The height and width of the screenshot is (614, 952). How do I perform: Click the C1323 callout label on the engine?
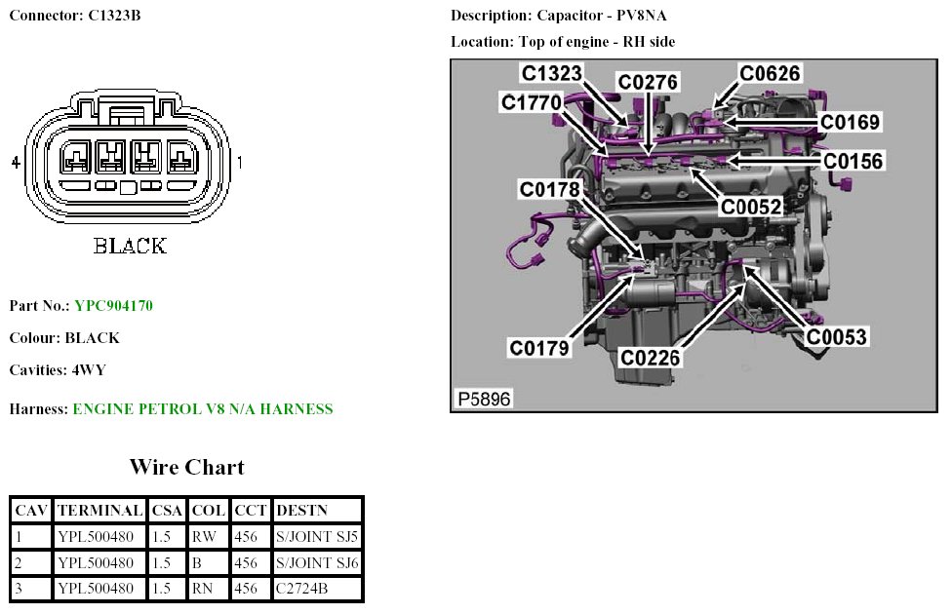[553, 74]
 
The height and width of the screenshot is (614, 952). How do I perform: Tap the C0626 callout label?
[770, 74]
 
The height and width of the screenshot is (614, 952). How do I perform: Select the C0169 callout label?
[850, 122]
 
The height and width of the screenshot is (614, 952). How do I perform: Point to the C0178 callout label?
[550, 189]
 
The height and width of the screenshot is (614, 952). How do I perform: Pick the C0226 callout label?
[650, 359]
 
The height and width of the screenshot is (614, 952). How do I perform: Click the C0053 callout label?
[836, 337]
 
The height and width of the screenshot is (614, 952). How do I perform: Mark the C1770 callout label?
[532, 102]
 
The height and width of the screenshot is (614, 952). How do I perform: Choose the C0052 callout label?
[751, 207]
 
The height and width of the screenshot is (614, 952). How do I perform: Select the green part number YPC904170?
[113, 306]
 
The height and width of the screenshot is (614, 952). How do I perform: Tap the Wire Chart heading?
[186, 467]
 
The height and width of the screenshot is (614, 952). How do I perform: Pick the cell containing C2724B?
[302, 589]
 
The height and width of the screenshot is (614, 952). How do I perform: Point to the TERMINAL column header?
[99, 510]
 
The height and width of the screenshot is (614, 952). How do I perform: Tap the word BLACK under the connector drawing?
[130, 246]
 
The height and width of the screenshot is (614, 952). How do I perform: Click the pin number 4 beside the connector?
[16, 163]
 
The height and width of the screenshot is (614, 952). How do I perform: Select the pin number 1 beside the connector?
[240, 163]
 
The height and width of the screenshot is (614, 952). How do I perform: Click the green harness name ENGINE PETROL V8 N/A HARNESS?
[203, 409]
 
